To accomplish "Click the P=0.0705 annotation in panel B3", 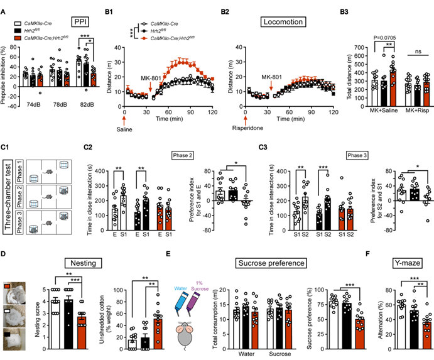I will pos(374,36).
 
